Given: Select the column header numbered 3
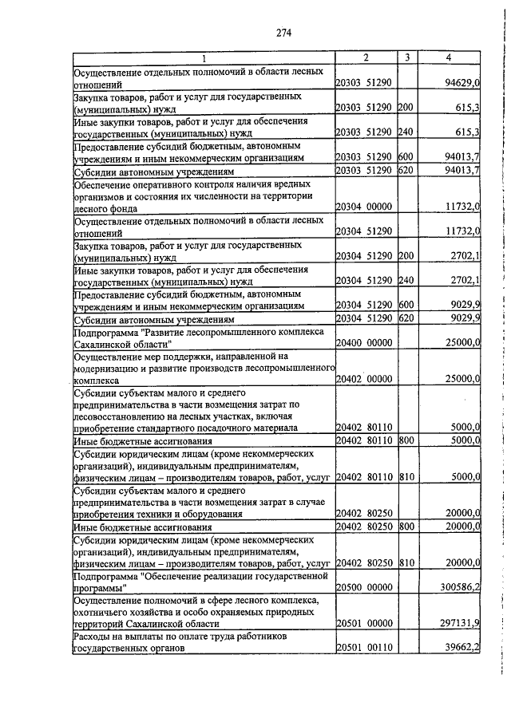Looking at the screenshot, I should coord(407,57).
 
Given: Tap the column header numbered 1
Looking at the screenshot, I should coord(203,57).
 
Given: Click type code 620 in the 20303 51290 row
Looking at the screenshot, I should coord(406,170).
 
